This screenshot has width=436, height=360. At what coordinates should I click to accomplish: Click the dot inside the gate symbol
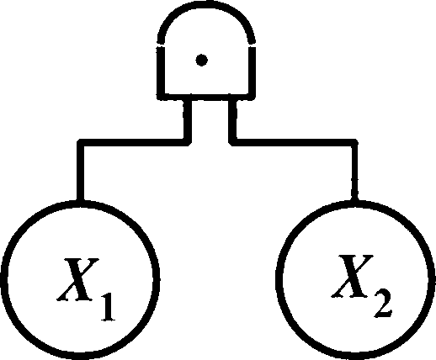coord(201,60)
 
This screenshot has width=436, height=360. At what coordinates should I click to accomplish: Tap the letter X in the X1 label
coord(78,279)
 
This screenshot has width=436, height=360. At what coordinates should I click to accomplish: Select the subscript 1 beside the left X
coord(108,307)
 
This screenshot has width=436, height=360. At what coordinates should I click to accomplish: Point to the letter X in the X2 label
coord(353,276)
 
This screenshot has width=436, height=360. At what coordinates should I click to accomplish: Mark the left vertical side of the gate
coord(161,71)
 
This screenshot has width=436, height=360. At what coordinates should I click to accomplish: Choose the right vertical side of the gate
coord(252,71)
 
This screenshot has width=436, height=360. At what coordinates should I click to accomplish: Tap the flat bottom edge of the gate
coord(206,97)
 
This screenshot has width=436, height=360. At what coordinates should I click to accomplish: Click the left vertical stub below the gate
coord(188,120)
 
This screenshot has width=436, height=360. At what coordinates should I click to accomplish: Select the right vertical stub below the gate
coord(232,120)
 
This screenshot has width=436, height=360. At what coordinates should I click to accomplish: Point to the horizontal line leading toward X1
coord(134,142)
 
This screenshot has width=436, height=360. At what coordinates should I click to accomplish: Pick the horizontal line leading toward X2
coord(293,142)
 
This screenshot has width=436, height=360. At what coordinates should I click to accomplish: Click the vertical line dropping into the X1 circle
coord(80,172)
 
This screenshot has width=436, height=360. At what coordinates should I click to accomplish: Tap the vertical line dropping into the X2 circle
coord(354,172)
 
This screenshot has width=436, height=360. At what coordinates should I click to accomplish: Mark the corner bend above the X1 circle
coord(81,142)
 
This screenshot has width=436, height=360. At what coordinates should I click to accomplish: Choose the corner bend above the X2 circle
coord(354,142)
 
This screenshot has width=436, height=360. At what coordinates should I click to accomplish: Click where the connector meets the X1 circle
coord(80,201)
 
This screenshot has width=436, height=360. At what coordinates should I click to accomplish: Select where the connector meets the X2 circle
coord(354,201)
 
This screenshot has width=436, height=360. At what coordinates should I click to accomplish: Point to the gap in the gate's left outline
coord(161,45)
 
